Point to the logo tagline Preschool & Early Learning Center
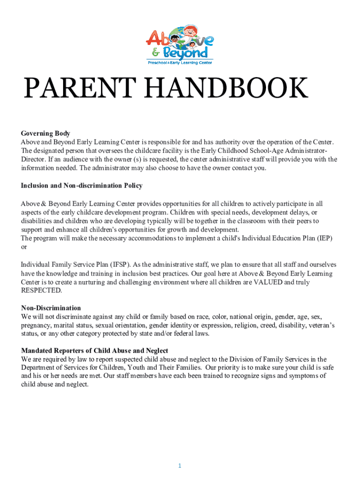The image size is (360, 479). pos(180,62)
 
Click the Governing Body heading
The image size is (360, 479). pos(45,134)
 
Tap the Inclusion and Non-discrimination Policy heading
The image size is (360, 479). pos(82,186)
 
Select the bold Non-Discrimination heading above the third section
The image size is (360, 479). pos(51,308)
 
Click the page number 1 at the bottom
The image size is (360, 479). pos(179,453)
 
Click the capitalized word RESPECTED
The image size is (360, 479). pos(42,290)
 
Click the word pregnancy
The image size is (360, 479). pos(36,325)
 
